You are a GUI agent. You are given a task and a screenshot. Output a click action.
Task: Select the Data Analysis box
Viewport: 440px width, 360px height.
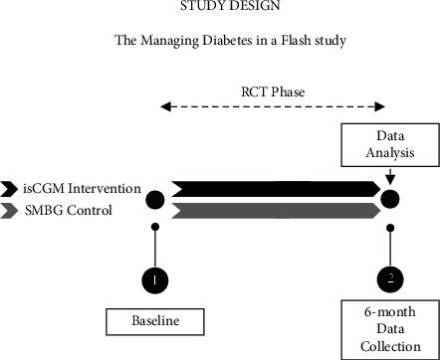point(389,146)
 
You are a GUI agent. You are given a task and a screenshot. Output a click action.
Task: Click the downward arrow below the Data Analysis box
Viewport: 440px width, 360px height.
point(389,177)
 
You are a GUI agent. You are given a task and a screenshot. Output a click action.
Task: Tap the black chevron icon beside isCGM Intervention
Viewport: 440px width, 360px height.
point(11,189)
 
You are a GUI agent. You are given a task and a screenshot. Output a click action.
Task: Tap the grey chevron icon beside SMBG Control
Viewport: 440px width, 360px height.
point(11,209)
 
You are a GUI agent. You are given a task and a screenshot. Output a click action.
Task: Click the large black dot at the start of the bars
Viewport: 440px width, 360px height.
point(155,199)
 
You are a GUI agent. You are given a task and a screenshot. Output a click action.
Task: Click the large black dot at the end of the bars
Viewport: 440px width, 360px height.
point(389,199)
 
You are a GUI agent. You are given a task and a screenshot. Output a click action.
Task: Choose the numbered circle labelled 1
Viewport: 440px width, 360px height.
point(155,280)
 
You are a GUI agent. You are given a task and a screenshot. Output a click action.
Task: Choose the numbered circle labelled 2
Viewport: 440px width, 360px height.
point(389,280)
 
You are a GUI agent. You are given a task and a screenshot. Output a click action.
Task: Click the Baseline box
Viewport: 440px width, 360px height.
point(154,322)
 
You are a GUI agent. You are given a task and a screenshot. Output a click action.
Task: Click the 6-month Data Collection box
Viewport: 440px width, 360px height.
point(389,328)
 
